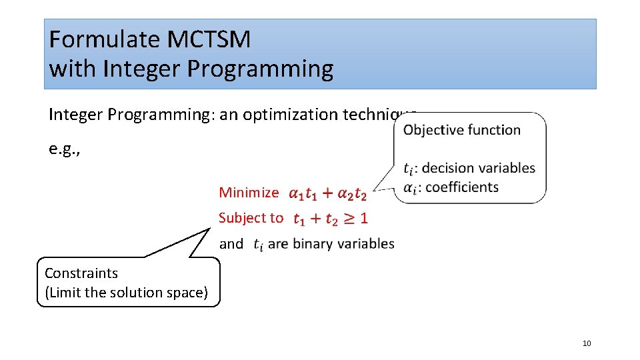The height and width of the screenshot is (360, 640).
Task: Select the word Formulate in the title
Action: pos(105,40)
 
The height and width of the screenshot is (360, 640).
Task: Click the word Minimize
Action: pos(249,193)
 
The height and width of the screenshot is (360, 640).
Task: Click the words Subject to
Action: pos(251,218)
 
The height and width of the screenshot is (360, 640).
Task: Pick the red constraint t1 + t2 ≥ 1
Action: pos(330,218)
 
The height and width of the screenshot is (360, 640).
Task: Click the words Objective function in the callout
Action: pos(462,130)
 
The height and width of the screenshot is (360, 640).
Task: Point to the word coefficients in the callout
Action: pos(461,187)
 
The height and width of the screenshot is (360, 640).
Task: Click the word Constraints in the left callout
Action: pos(81,273)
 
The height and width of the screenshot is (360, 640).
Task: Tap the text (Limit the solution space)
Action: pos(126,292)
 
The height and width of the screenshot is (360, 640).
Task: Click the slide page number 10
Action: pos(587,343)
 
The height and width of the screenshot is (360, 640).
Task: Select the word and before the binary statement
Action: pos(231,244)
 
